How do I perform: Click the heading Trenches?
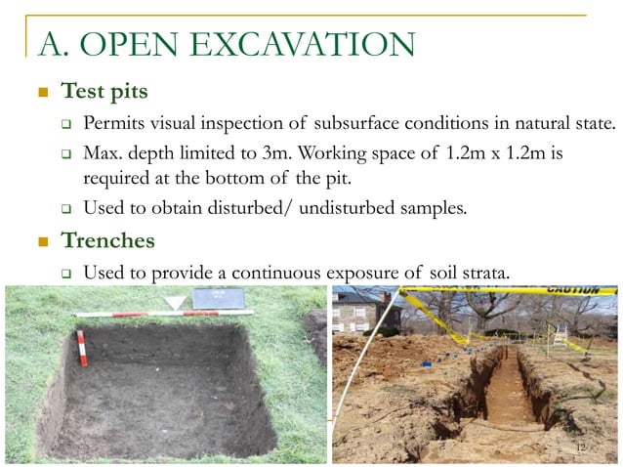coord(108,239)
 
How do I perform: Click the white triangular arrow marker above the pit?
coord(174,303)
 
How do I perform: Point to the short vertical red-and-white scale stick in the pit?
coord(82,348)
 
